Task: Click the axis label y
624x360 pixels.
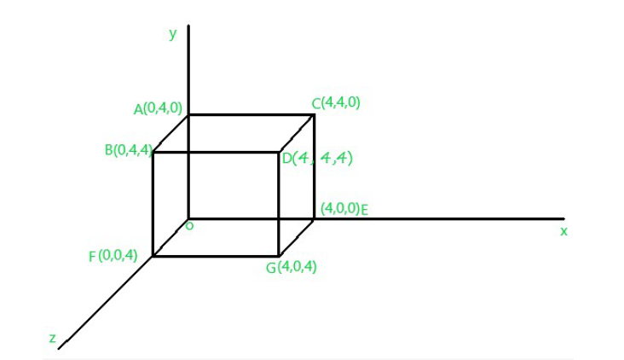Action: tap(173, 33)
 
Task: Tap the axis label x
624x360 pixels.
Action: tap(563, 231)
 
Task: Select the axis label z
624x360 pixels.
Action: tap(53, 338)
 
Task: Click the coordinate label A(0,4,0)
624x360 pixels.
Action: tap(158, 108)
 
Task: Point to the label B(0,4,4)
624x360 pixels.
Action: tap(129, 150)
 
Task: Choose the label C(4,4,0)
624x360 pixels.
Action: tap(336, 102)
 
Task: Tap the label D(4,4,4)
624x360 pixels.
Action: tap(317, 158)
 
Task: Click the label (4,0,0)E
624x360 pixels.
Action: tap(344, 209)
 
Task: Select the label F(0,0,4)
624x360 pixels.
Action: tap(113, 256)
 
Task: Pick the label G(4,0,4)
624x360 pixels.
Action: tap(292, 267)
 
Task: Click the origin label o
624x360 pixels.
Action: tap(190, 226)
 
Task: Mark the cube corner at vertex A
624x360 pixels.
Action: tap(188, 115)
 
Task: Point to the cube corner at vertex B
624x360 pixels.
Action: tap(153, 152)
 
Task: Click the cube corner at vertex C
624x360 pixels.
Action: tap(315, 115)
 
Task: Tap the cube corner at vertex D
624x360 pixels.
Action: tap(279, 152)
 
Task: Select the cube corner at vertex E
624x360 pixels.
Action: tap(314, 218)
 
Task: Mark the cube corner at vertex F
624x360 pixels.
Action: tap(153, 256)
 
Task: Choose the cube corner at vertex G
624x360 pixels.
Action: tap(279, 256)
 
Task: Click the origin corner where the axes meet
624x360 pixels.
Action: tap(188, 218)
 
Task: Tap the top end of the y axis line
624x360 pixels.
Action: tap(188, 26)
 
